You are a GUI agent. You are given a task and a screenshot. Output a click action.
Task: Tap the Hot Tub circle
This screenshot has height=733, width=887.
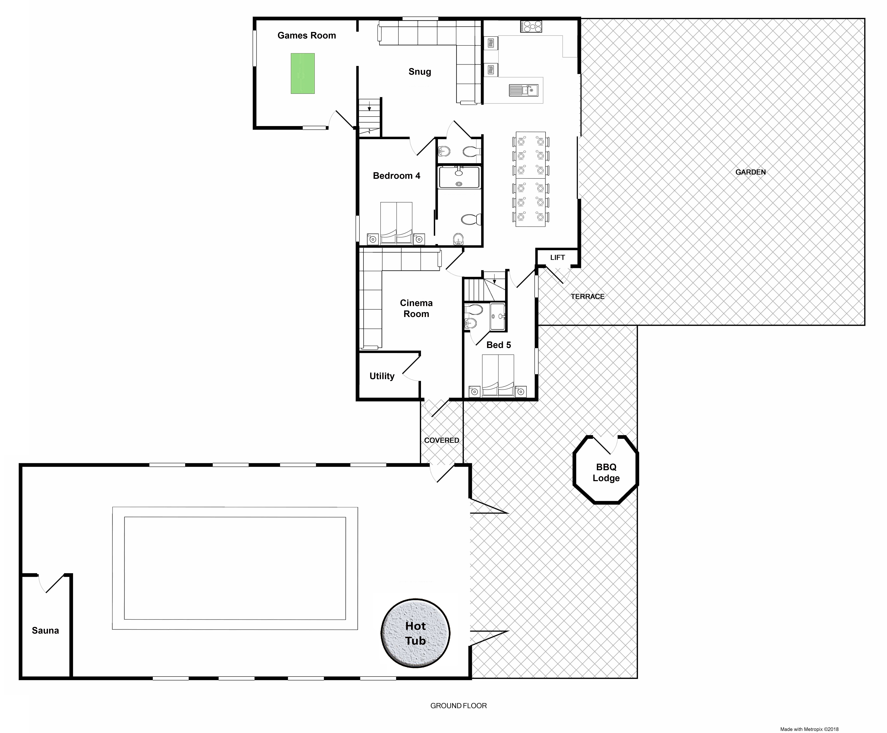pos(415,633)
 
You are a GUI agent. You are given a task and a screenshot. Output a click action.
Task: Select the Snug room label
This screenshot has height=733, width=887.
pos(420,72)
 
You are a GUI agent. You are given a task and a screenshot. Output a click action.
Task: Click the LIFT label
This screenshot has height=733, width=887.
pos(557,257)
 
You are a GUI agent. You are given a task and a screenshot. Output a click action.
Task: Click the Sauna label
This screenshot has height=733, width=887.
pos(45,630)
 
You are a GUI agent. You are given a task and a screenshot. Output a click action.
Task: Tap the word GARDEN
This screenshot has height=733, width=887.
pos(750,172)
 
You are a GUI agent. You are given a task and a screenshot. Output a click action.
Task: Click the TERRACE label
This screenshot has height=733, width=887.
pos(587,296)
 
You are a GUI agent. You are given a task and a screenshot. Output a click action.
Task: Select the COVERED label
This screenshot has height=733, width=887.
pos(442,440)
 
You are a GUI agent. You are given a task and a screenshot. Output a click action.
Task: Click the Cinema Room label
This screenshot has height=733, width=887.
pos(416,308)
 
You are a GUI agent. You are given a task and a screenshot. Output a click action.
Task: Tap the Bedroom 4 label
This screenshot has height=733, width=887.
pos(396,176)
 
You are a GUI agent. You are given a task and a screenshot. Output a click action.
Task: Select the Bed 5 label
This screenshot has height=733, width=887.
pos(499,345)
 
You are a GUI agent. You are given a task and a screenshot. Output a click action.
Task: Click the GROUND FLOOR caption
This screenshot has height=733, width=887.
pos(459,706)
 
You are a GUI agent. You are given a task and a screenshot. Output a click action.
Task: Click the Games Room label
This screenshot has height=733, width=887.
pos(307,36)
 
